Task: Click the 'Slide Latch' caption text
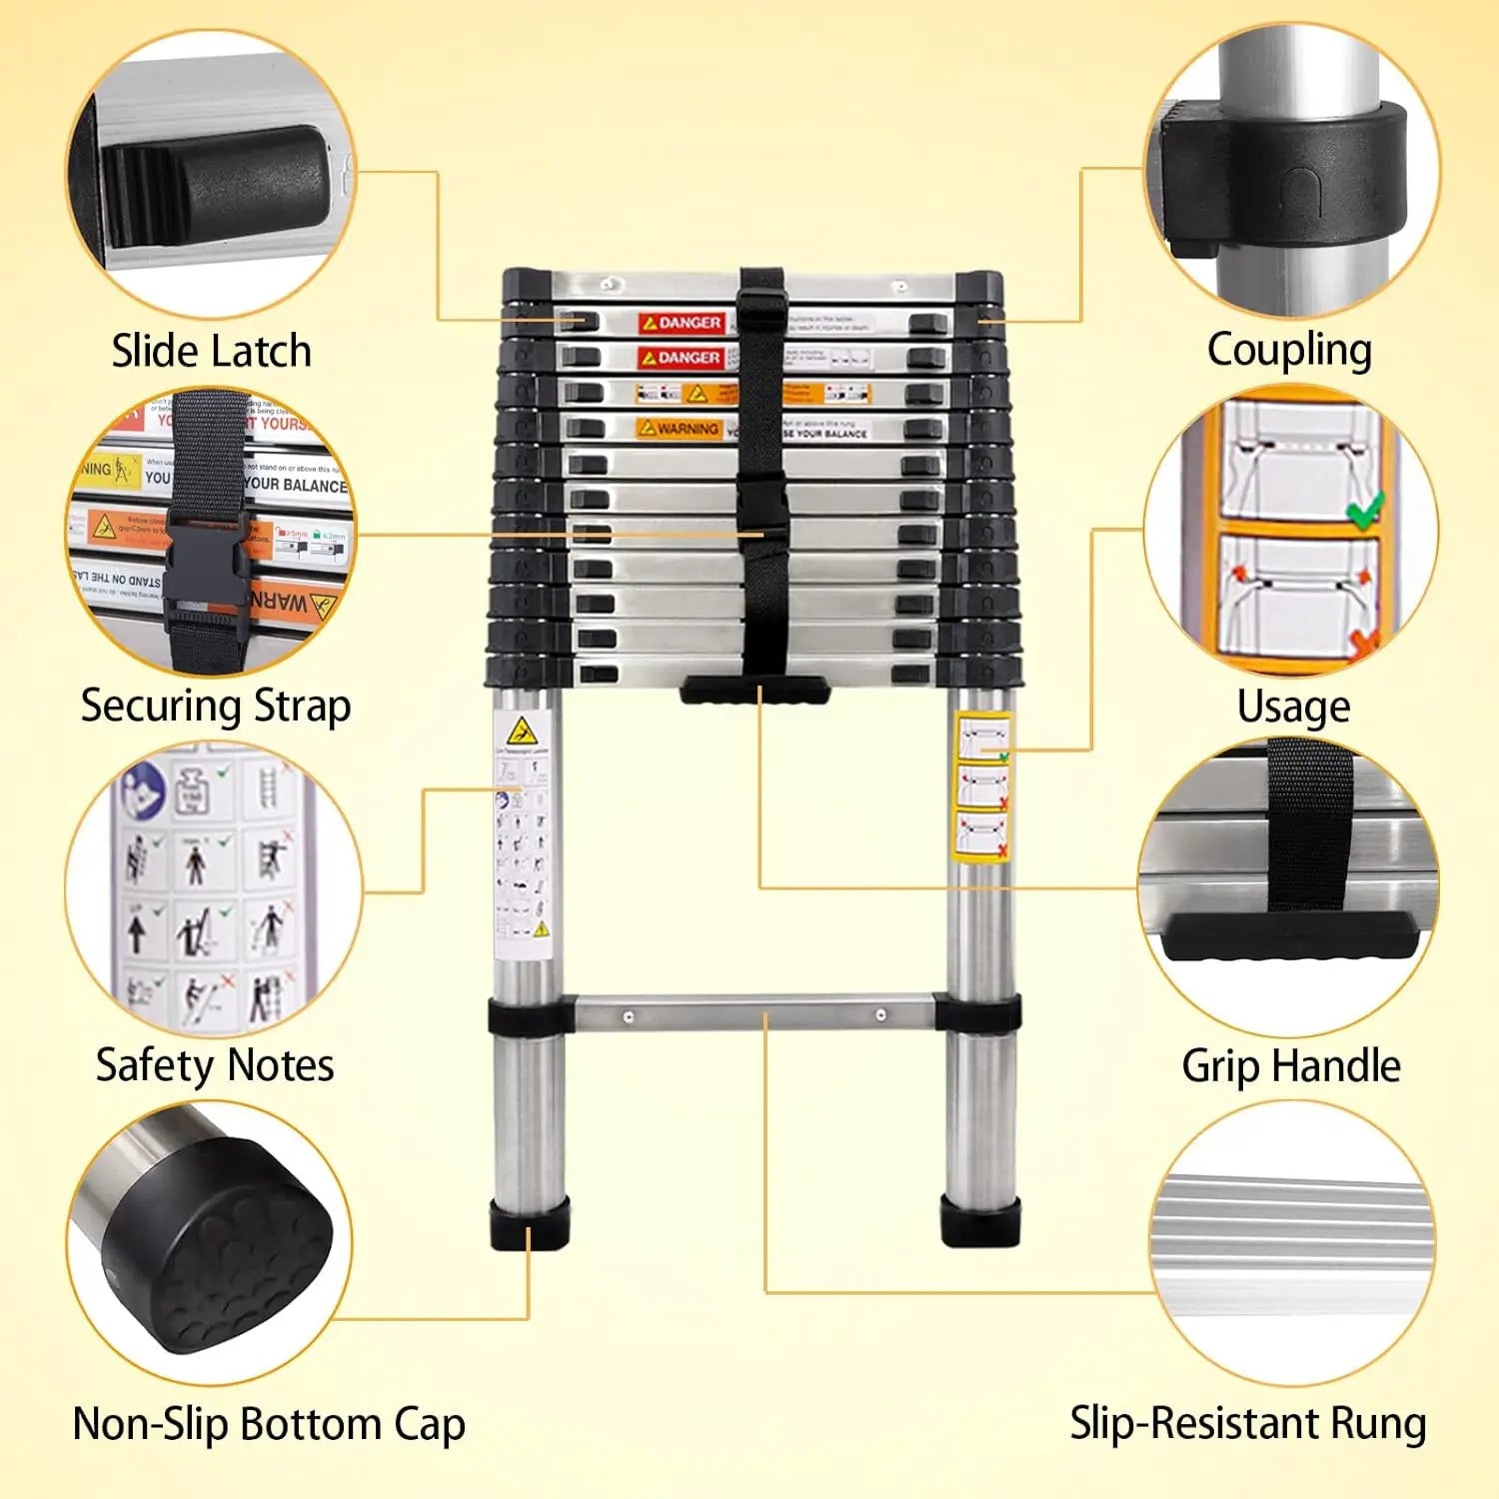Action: [x=211, y=351]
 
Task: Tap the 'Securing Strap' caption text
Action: [x=216, y=706]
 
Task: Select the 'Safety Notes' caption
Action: [x=215, y=1065]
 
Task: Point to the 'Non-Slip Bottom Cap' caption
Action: [x=269, y=1424]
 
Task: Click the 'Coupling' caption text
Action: [x=1289, y=351]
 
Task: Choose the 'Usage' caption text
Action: [x=1293, y=707]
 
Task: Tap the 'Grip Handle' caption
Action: [x=1291, y=1066]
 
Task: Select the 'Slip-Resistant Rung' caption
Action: [x=1248, y=1423]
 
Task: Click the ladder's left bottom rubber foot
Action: [x=529, y=1222]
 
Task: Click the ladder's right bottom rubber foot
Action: [x=980, y=1220]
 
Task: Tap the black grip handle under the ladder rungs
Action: [x=755, y=690]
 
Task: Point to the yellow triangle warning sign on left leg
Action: [x=521, y=732]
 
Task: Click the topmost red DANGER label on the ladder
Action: [x=682, y=323]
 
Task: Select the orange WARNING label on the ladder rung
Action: [x=680, y=428]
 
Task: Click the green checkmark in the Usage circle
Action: [x=1364, y=511]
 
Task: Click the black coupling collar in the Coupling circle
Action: [x=1284, y=174]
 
